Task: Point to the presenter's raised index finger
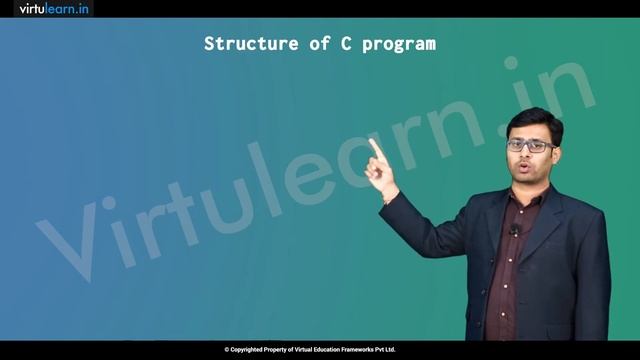click(x=374, y=146)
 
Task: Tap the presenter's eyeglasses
click(x=531, y=145)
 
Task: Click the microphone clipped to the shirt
click(x=513, y=232)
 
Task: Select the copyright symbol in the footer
click(x=227, y=349)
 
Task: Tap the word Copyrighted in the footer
click(x=249, y=349)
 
